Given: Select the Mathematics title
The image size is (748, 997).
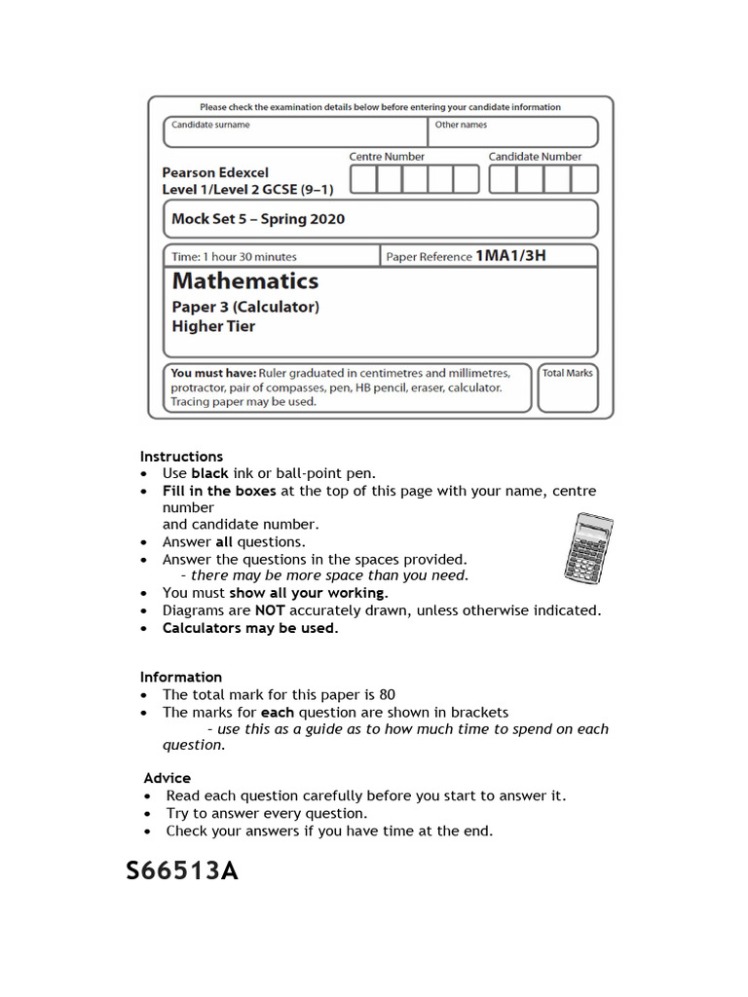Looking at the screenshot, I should pyautogui.click(x=245, y=281).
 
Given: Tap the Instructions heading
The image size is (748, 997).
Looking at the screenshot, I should pyautogui.click(x=181, y=457).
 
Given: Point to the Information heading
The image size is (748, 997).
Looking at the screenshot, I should pyautogui.click(x=180, y=677).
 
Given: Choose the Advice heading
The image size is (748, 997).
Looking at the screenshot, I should pyautogui.click(x=167, y=778).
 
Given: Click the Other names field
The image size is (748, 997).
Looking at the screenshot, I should pyautogui.click(x=512, y=132).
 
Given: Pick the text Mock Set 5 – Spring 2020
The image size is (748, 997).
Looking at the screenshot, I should pyautogui.click(x=258, y=219).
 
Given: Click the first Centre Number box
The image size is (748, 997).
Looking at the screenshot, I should pyautogui.click(x=362, y=179).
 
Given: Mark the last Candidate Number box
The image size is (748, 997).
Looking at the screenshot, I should pyautogui.click(x=583, y=179).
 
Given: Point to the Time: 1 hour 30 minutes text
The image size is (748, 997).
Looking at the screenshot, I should pyautogui.click(x=235, y=257).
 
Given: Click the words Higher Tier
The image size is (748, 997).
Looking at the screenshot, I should pyautogui.click(x=213, y=326).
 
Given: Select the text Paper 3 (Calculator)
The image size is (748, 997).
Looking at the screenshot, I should pyautogui.click(x=245, y=307).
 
